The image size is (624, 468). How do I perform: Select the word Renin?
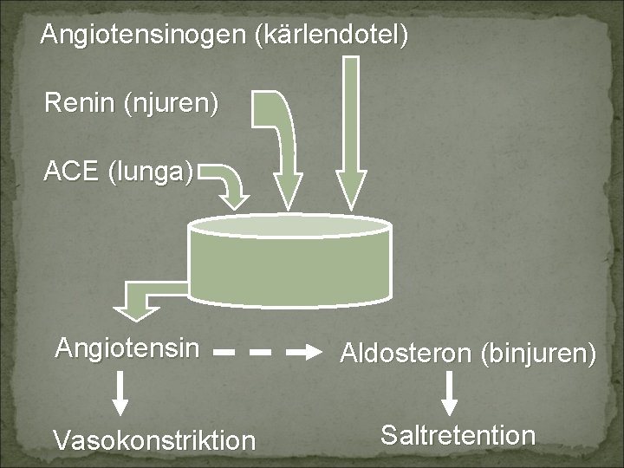tap(80, 105)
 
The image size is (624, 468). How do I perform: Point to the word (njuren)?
tap(171, 105)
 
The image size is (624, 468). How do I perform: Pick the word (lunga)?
tap(150, 171)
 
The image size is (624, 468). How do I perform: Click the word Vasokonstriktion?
tap(154, 439)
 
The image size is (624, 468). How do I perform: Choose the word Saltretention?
tap(458, 434)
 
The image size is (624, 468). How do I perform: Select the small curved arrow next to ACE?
tap(227, 183)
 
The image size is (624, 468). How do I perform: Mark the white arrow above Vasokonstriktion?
tap(122, 395)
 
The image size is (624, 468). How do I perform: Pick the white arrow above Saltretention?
tap(449, 393)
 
